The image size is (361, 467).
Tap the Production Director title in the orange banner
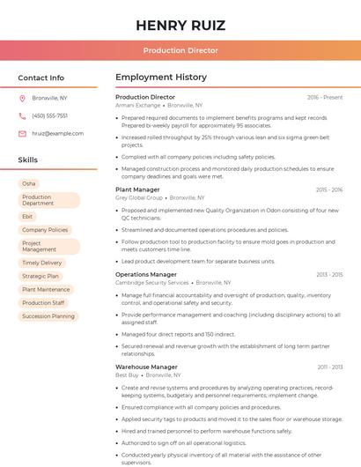point(180,50)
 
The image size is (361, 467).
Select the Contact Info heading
point(41,78)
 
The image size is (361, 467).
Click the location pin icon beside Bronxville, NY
point(22,99)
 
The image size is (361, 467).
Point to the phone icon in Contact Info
point(22,115)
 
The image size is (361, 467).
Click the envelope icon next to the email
point(22,133)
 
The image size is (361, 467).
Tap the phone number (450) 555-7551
point(49,115)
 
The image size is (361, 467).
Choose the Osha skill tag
point(29,183)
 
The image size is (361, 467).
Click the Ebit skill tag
point(28,216)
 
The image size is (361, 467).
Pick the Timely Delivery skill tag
point(42,263)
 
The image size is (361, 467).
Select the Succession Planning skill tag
point(48,315)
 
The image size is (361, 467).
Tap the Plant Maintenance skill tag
point(46,289)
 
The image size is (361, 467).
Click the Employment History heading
point(161,78)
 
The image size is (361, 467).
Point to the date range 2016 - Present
point(325,97)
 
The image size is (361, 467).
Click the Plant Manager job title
point(137,189)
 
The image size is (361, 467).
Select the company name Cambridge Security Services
point(152,283)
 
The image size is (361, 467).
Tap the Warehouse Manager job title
point(146,367)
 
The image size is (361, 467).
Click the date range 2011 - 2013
point(329,367)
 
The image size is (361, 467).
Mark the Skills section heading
point(28,159)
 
